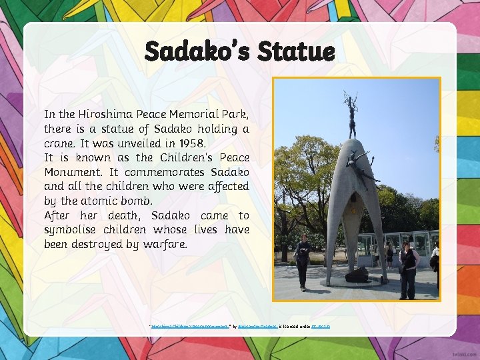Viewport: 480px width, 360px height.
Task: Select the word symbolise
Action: pos(74,230)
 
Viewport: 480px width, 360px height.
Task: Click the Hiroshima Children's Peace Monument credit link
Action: pos(190,326)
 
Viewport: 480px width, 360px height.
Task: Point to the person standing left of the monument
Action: pos(303,261)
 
